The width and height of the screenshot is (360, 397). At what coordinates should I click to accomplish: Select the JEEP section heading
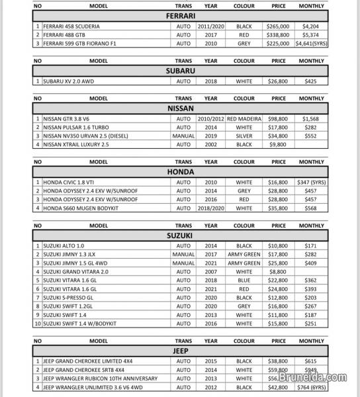pos(180,351)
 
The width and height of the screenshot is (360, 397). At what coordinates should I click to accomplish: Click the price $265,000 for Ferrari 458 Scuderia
pos(279,26)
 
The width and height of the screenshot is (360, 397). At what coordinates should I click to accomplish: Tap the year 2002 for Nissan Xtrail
pos(210,144)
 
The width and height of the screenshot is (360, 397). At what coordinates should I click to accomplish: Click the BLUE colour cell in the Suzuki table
pos(244,280)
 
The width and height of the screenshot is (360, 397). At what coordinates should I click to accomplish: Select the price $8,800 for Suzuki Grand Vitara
pos(279,271)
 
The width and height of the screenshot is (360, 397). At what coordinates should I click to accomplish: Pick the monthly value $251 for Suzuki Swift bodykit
pos(309,324)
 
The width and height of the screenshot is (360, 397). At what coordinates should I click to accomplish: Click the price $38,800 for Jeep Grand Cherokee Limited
pos(279,362)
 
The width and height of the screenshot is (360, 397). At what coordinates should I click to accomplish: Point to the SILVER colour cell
pos(244,135)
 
